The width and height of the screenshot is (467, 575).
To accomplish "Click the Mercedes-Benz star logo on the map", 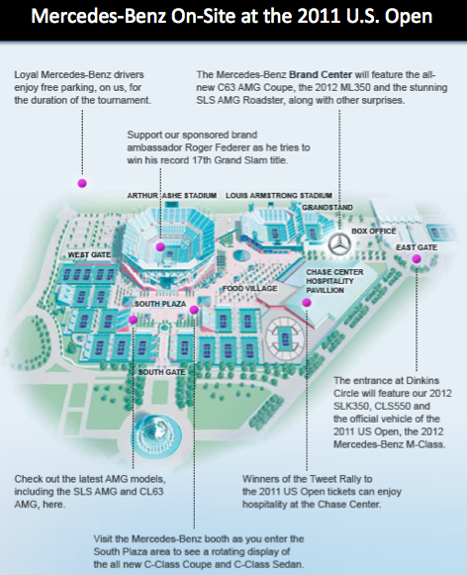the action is (x=339, y=244).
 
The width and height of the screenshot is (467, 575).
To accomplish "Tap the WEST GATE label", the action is (x=89, y=255).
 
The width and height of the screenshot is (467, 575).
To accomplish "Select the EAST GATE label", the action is (x=417, y=247).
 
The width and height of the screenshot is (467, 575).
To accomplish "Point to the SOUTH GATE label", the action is (x=161, y=372).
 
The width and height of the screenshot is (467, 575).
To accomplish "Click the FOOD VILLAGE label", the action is (x=249, y=289).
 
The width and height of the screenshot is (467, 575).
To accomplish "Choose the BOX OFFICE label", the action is (x=374, y=231).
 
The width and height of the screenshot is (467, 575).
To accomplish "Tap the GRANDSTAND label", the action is (x=327, y=207).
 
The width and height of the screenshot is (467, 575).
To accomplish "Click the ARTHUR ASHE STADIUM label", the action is (x=172, y=195).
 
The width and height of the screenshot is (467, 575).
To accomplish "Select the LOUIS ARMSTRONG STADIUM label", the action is (x=279, y=195).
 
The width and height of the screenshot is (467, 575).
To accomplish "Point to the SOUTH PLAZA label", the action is (x=160, y=304).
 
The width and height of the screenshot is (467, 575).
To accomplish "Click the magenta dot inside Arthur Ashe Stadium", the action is (x=160, y=246).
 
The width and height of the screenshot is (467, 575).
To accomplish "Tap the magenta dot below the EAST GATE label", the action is (x=417, y=259).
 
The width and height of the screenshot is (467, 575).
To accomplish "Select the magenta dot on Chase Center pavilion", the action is (x=307, y=303).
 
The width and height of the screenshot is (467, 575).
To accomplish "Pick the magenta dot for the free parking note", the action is (x=82, y=183).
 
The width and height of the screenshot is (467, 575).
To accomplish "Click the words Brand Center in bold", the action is (x=321, y=75).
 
